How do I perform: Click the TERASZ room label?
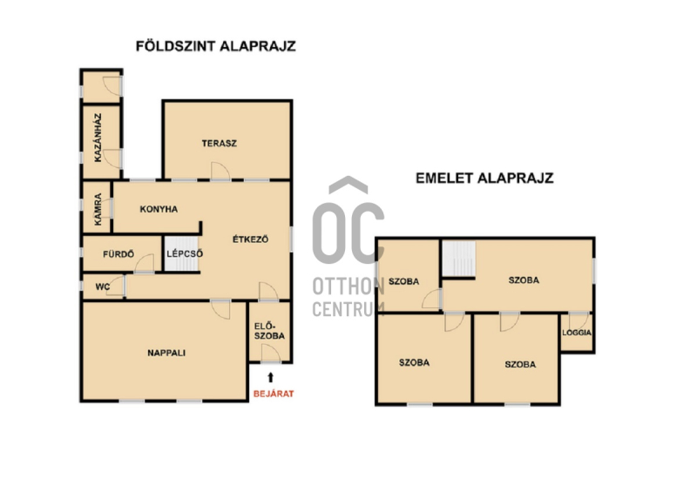220,144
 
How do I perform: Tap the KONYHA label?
159,209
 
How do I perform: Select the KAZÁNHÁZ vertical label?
98,138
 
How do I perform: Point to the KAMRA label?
98,209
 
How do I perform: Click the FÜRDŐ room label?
118,254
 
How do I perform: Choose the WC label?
102,287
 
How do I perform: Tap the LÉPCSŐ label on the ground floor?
185,254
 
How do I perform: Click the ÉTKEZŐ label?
250,239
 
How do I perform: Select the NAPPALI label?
166,353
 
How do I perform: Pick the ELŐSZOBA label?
269,331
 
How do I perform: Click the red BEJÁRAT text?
274,394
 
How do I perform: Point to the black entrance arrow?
270,377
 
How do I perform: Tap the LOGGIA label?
577,333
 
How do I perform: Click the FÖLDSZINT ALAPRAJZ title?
215,46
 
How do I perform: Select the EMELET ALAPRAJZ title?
484,179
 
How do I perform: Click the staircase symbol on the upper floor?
459,259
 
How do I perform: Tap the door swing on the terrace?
220,172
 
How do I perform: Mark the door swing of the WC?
115,286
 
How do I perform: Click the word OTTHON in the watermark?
348,286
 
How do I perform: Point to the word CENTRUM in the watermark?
348,309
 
